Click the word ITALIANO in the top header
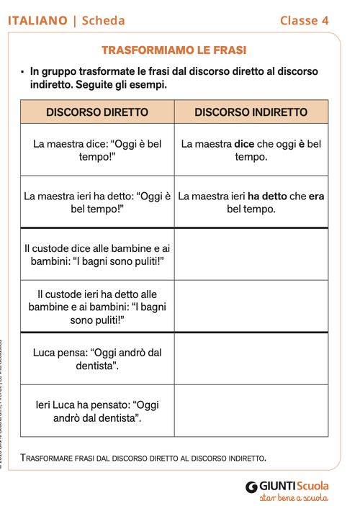coord(37,21)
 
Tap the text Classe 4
coord(304,21)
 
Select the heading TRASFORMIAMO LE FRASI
coord(174,50)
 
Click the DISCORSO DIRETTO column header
coord(97,112)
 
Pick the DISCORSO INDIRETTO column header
coord(251,112)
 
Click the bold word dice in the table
coord(245,144)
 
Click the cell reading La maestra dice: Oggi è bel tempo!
coord(97,150)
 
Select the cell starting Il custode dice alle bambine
coord(97,254)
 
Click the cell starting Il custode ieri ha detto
coord(97,307)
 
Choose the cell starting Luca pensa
coord(97,358)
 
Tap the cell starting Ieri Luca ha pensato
coord(97,410)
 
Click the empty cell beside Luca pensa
coord(251,358)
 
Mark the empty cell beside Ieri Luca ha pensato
coord(251,410)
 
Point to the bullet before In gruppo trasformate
coord(22,72)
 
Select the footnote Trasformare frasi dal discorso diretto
coord(144,457)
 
